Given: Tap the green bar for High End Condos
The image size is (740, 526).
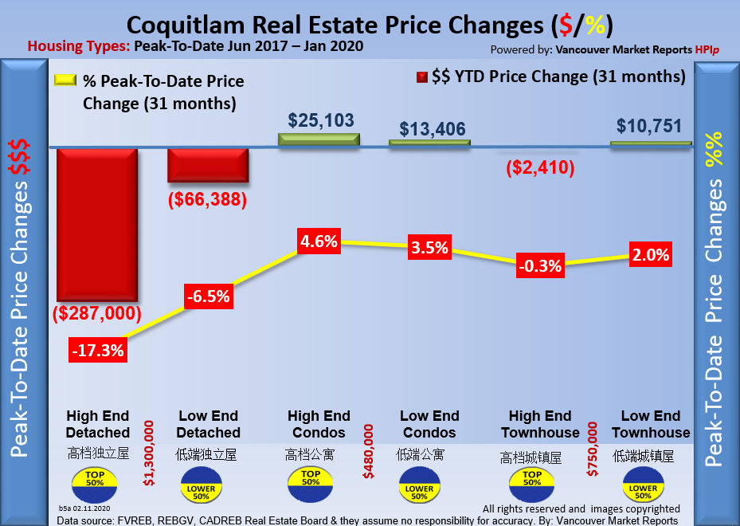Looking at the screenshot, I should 319,139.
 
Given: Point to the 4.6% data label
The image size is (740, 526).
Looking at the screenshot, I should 319,241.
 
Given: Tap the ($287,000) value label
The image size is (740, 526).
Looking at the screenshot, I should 97,313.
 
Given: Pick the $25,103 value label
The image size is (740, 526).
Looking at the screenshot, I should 320,120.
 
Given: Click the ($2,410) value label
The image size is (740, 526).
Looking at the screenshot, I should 540,169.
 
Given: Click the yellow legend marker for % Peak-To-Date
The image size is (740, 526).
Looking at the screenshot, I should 65,80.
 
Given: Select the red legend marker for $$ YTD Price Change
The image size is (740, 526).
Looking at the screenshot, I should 421,77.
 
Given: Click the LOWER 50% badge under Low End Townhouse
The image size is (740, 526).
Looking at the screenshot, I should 642,489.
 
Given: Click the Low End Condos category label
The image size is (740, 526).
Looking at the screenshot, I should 429,424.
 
